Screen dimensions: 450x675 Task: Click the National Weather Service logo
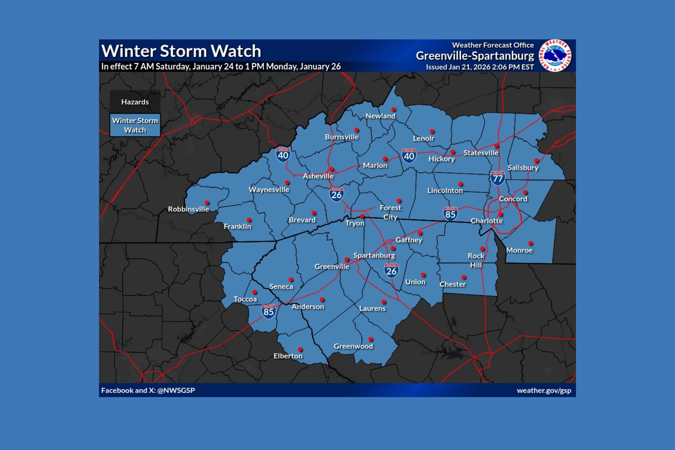tap(555, 55)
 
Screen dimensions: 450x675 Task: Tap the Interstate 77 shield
tap(497, 178)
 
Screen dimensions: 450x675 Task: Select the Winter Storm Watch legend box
tap(135, 125)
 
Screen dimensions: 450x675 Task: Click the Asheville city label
tap(318, 176)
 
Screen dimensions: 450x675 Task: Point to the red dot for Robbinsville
tap(207, 203)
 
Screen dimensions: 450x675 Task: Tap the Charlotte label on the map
tap(486, 221)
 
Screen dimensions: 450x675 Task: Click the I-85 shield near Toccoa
tap(268, 312)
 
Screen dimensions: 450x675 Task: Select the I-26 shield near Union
tap(391, 271)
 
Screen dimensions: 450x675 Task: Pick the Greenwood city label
tap(353, 346)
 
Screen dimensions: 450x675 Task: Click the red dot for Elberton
tap(300, 349)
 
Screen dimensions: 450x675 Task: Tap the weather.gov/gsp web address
tap(544, 390)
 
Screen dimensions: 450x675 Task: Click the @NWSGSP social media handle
tap(176, 390)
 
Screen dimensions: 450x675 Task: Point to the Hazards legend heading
tap(135, 102)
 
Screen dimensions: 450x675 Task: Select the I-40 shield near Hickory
tap(409, 156)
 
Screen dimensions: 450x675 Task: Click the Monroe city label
tap(519, 250)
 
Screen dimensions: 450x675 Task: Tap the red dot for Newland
tap(393, 109)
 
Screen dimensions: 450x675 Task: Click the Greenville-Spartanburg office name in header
tap(475, 56)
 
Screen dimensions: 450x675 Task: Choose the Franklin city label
tap(237, 226)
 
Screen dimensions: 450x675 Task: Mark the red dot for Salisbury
tap(537, 161)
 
